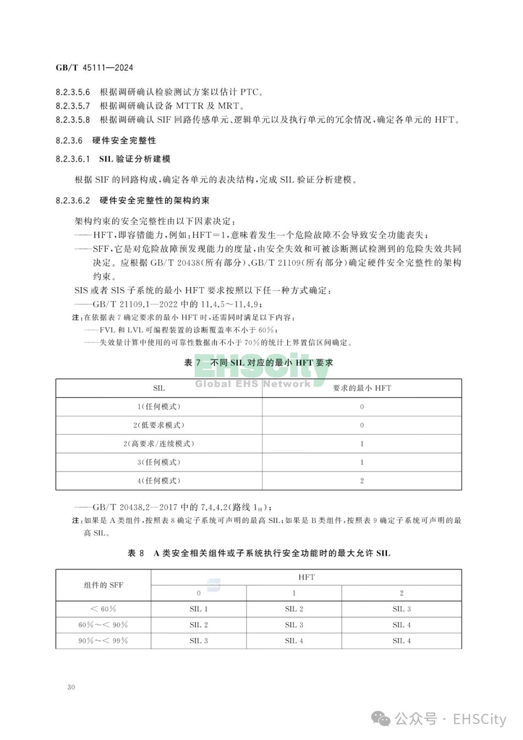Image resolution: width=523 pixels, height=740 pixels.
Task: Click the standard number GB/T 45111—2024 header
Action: [x=94, y=68]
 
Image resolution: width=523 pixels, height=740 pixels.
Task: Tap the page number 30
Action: [x=71, y=687]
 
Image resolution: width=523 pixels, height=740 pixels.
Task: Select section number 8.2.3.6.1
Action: [x=73, y=159]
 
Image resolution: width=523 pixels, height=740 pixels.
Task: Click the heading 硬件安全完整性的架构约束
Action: [x=154, y=200]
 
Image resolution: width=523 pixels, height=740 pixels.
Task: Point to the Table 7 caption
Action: [x=258, y=363]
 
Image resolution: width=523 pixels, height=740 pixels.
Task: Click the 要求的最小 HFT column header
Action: [x=362, y=388]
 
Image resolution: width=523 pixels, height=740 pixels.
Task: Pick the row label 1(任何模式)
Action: [x=159, y=407]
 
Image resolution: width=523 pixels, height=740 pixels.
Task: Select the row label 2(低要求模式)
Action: [x=159, y=425]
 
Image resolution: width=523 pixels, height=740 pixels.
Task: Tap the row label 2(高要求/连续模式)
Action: [x=159, y=444]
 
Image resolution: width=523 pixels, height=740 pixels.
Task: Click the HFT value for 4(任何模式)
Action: [x=362, y=481]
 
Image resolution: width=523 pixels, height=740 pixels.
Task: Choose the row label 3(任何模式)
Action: [x=159, y=462]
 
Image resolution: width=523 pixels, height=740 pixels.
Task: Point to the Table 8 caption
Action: [x=258, y=553]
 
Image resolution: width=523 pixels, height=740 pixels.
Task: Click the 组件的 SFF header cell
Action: [x=103, y=585]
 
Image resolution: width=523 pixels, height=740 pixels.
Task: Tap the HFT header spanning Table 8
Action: [x=306, y=577]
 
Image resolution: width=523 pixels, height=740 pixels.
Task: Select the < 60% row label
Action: [x=103, y=609]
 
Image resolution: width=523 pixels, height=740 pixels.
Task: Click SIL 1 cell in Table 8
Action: [x=199, y=609]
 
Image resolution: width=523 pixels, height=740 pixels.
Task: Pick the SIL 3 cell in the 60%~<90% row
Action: [x=294, y=625]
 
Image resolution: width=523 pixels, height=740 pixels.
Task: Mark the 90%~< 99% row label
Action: [x=103, y=641]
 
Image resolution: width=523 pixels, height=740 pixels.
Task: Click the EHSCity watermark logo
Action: [x=261, y=373]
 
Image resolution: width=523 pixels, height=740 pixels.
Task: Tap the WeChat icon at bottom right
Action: [x=384, y=719]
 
